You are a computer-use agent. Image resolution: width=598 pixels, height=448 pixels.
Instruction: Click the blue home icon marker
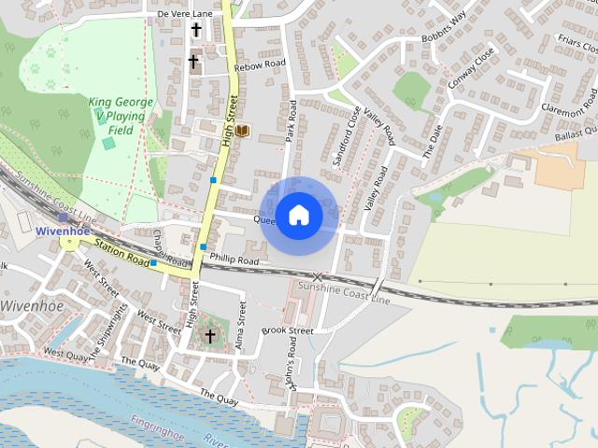pos(298,216)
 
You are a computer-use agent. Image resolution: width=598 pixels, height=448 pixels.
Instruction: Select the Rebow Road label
pos(261,64)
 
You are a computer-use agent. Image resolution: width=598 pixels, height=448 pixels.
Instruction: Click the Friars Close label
pos(576,44)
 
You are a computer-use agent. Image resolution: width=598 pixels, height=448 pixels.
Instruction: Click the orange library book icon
pos(243,131)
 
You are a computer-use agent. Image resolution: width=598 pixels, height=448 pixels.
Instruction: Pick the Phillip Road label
pos(235,260)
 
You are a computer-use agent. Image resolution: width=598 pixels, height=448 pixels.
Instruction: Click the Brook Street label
pos(287,330)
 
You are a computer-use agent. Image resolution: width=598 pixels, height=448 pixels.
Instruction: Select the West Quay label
pos(66,355)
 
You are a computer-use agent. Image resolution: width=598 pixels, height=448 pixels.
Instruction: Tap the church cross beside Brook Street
pos(210,336)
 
